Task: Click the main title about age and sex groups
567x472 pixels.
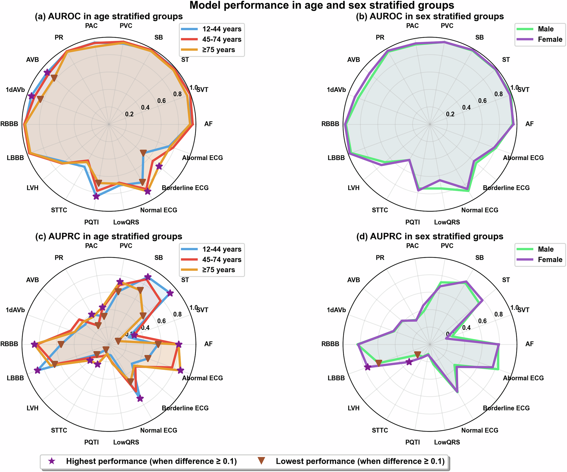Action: [x=321, y=5]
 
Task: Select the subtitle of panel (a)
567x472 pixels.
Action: [x=109, y=16]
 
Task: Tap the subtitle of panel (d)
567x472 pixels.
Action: [x=430, y=236]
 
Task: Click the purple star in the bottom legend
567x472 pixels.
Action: [x=51, y=461]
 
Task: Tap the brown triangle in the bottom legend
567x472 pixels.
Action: [x=261, y=461]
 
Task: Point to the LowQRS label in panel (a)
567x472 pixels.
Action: [x=126, y=222]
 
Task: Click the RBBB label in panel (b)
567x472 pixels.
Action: [x=330, y=124]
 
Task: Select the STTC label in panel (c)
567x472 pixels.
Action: [x=59, y=430]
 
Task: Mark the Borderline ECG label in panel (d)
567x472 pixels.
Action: [x=506, y=408]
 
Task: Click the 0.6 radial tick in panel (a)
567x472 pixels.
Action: [x=161, y=101]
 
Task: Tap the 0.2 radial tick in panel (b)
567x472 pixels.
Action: [x=450, y=114]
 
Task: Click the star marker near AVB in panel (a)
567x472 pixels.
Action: [x=47, y=73]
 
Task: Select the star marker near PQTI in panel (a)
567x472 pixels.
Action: [x=96, y=196]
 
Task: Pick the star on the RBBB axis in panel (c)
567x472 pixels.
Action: [x=34, y=344]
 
